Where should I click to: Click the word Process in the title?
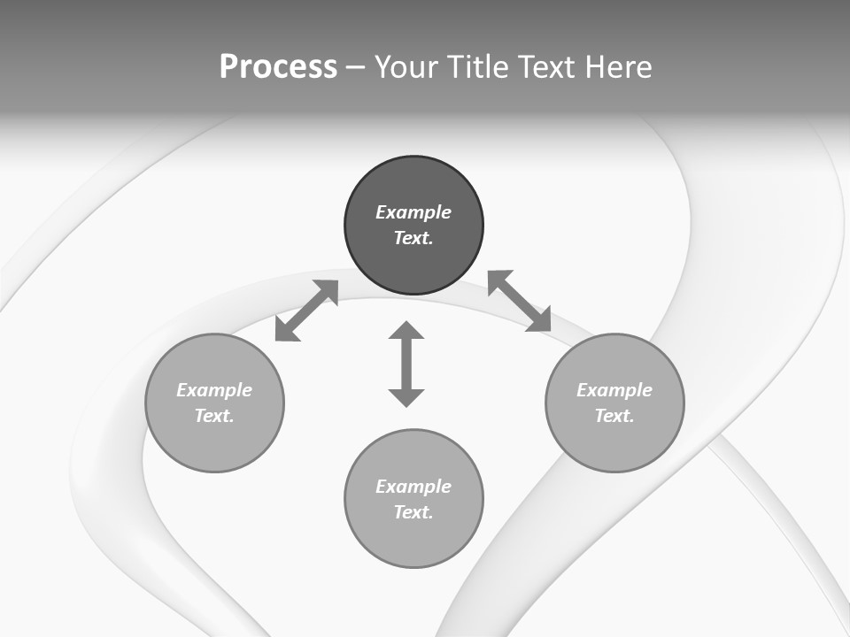coord(278,67)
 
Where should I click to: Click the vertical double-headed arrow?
coord(406,365)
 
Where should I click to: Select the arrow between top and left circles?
coord(306,311)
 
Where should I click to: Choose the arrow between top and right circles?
coord(520,301)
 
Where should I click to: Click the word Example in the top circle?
coord(413,212)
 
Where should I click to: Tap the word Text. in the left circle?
coord(214,416)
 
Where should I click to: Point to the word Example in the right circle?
coord(614,390)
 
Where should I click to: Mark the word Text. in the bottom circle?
coord(413,512)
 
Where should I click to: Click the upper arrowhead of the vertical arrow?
coord(406,332)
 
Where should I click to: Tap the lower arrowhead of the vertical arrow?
coord(406,397)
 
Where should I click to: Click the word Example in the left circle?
coord(214,390)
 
